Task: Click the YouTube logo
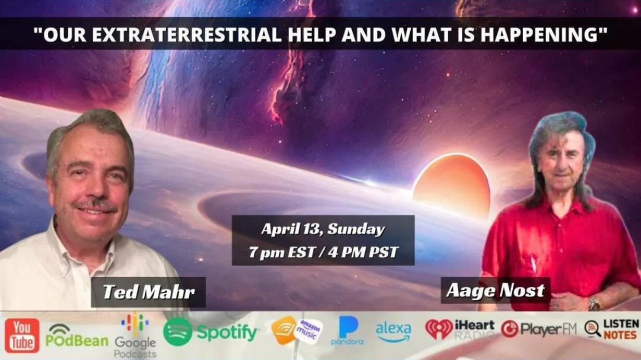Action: tap(22, 336)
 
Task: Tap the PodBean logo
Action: tap(77, 336)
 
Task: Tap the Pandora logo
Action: tap(347, 331)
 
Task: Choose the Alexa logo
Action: tap(393, 332)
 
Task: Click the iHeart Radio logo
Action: tap(460, 329)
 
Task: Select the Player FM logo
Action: tap(539, 329)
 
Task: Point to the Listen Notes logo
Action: tap(611, 329)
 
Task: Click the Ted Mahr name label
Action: tap(148, 292)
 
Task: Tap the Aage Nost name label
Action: tap(496, 291)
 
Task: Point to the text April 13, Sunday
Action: tap(323, 229)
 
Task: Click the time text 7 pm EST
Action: tap(282, 252)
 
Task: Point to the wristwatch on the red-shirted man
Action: tap(594, 303)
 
